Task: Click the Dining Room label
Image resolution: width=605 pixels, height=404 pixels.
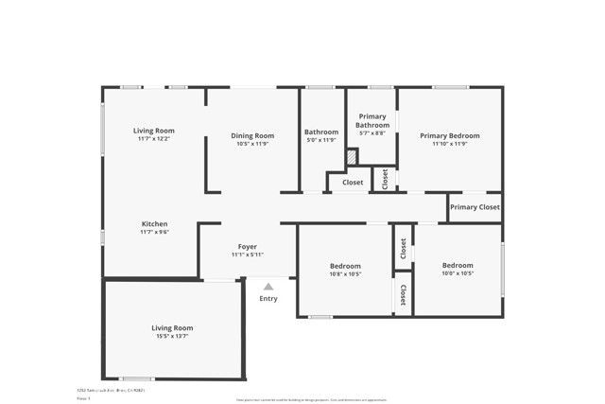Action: pyautogui.click(x=252, y=135)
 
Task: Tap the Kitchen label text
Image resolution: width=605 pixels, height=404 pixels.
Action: pyautogui.click(x=154, y=224)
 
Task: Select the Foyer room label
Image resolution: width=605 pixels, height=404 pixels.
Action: pyautogui.click(x=248, y=246)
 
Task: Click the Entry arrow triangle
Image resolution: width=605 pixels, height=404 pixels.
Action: pyautogui.click(x=268, y=286)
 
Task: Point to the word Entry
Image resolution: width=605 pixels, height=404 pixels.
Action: pyautogui.click(x=268, y=299)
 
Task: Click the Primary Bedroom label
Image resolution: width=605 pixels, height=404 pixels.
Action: pyautogui.click(x=450, y=135)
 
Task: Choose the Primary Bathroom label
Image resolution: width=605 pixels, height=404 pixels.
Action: pyautogui.click(x=372, y=120)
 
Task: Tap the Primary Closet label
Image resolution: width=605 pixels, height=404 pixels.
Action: pyautogui.click(x=475, y=207)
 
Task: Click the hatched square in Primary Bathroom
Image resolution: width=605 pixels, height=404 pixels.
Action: pyautogui.click(x=351, y=157)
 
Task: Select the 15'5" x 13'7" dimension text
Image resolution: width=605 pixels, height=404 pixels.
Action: pyautogui.click(x=172, y=336)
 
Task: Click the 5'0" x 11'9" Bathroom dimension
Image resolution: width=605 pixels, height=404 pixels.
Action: pyautogui.click(x=321, y=141)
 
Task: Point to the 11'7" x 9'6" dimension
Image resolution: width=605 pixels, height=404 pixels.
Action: pyautogui.click(x=154, y=232)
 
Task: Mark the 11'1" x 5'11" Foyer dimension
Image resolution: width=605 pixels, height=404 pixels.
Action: pyautogui.click(x=248, y=255)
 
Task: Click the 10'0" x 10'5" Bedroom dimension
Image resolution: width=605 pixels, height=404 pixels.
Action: pyautogui.click(x=458, y=273)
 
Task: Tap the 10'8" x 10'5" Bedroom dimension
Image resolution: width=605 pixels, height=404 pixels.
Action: pyautogui.click(x=345, y=274)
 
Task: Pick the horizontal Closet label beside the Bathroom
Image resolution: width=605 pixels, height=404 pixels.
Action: pyautogui.click(x=353, y=182)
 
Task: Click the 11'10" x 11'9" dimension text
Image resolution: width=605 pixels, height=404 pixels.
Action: pyautogui.click(x=450, y=144)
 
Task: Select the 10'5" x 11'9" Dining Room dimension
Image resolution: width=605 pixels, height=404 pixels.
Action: pyautogui.click(x=252, y=144)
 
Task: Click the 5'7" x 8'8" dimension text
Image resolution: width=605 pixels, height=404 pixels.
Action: pyautogui.click(x=372, y=133)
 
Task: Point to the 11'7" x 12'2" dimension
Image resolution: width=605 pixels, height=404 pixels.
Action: pyautogui.click(x=154, y=139)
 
